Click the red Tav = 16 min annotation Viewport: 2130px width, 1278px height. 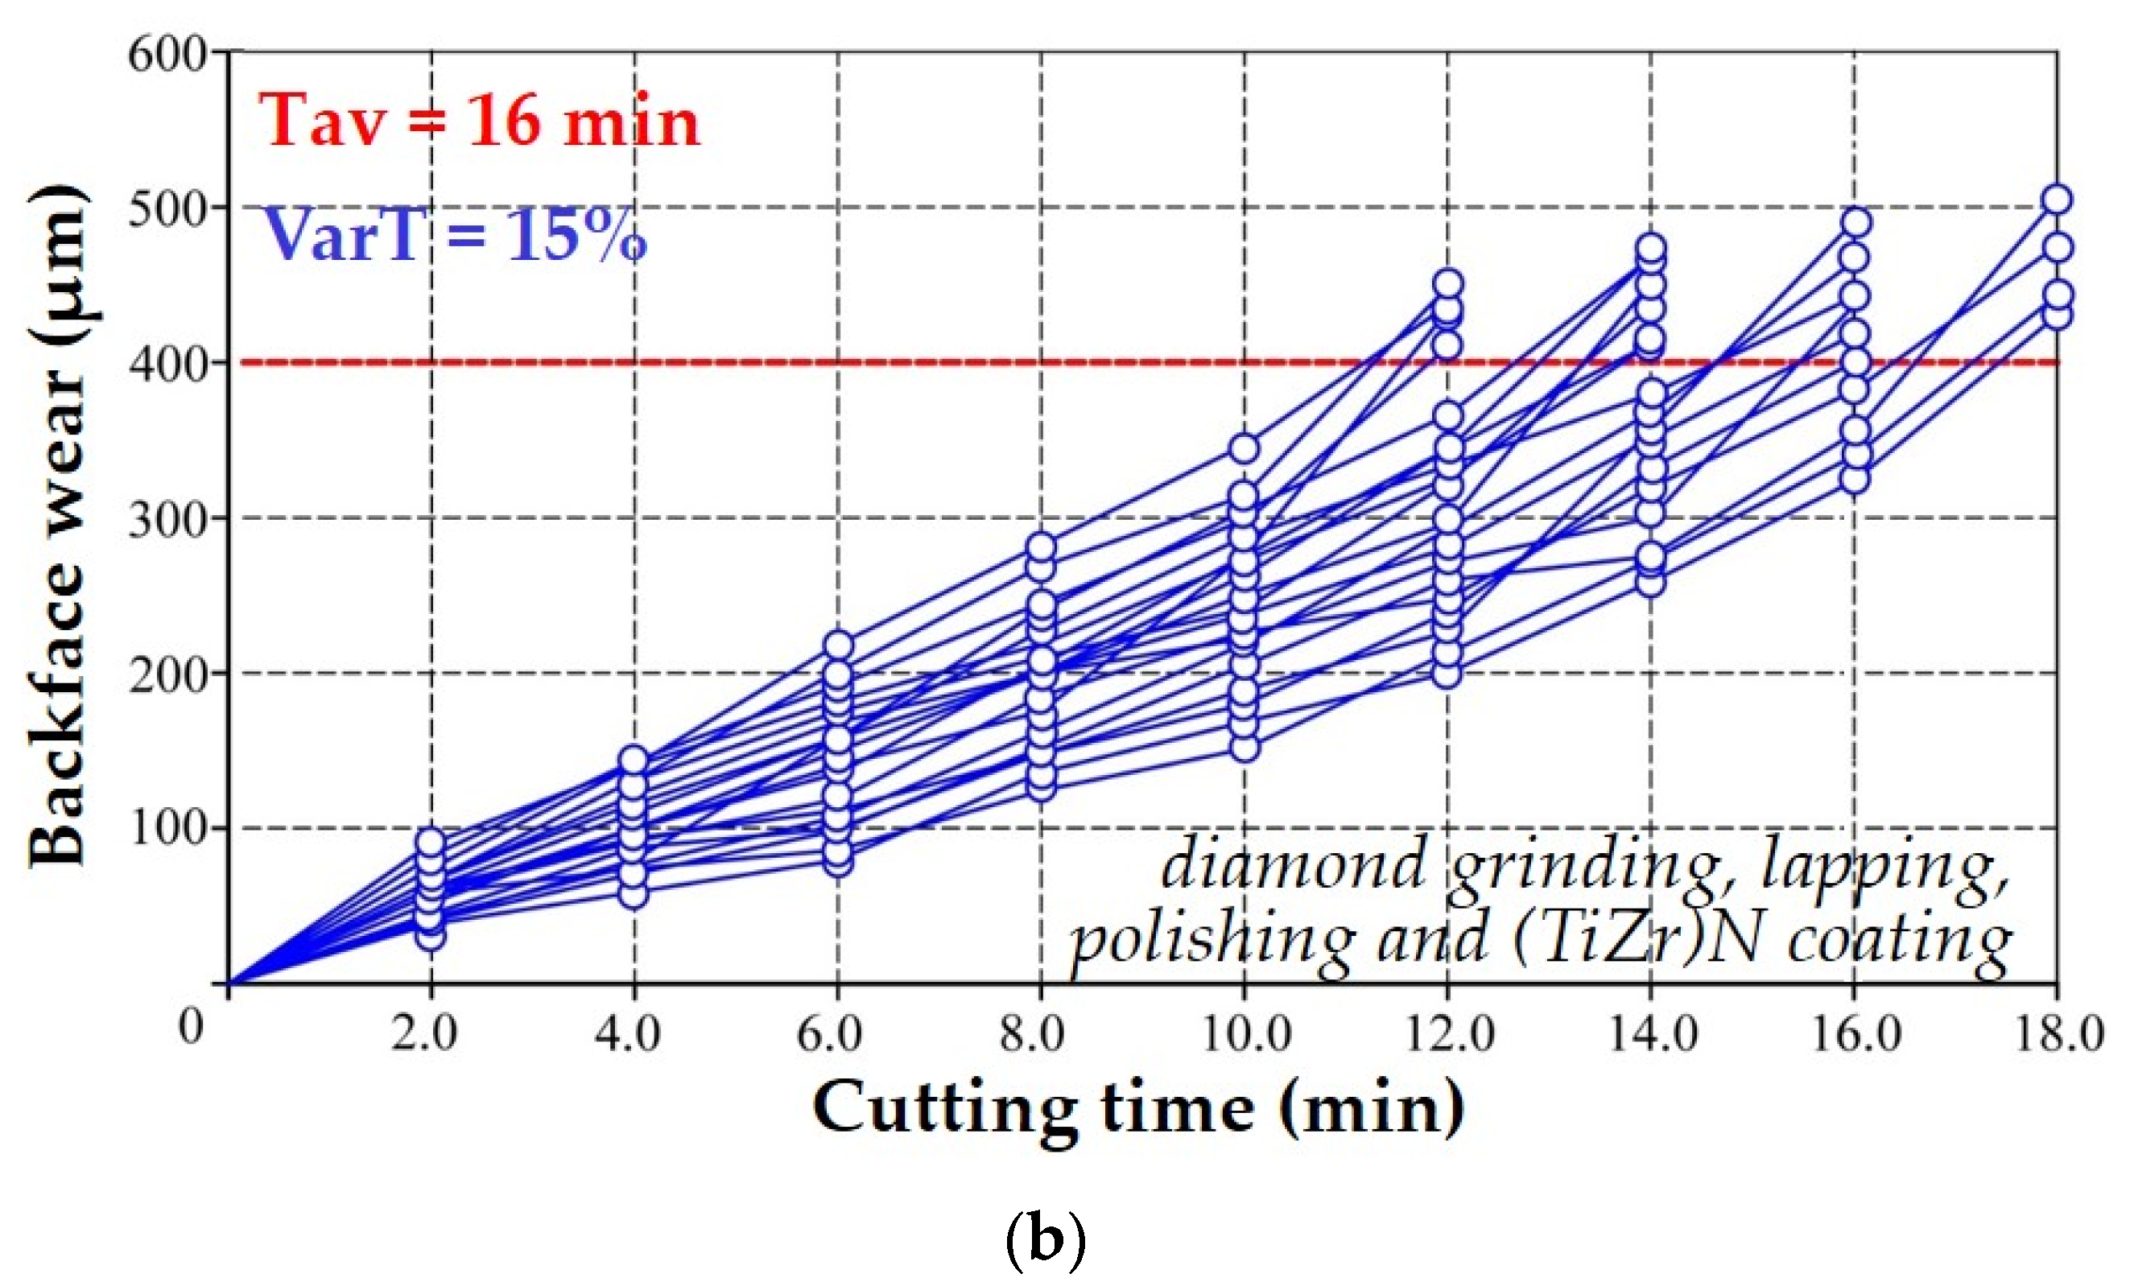click(479, 122)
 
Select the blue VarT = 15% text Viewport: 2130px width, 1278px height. click(453, 234)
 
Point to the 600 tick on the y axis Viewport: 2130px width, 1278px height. click(167, 55)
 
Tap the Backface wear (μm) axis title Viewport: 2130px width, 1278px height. click(59, 526)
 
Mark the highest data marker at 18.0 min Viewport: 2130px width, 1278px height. click(2057, 200)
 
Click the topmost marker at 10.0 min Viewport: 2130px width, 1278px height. click(1244, 447)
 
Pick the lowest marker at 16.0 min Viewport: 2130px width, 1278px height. click(1854, 478)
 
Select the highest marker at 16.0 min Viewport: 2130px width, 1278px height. click(1855, 222)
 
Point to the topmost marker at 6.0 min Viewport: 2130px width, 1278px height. click(838, 645)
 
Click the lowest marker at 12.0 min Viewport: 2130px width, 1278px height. click(1447, 673)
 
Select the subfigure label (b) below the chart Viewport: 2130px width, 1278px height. click(1045, 1241)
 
